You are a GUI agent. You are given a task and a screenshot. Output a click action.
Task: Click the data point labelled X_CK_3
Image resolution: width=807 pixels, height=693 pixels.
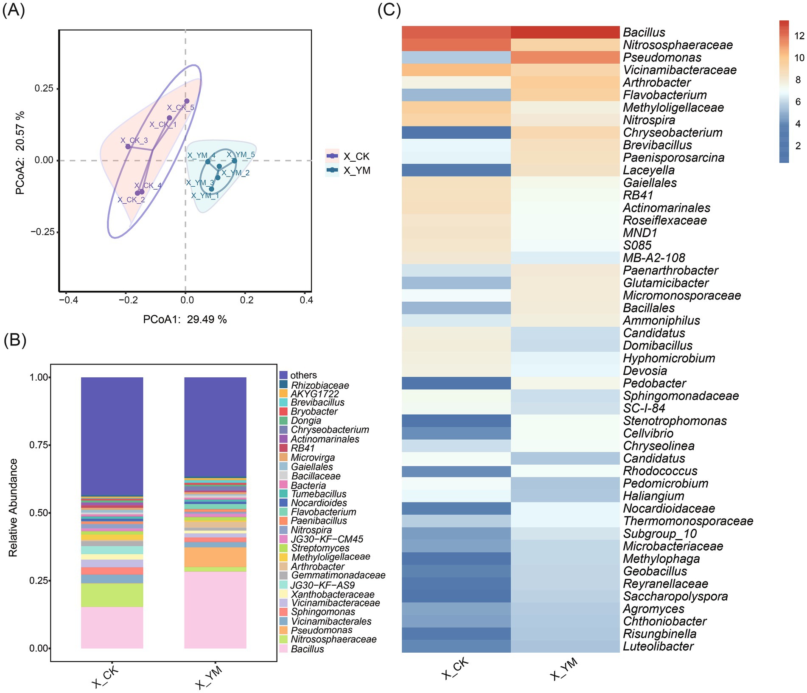pos(128,147)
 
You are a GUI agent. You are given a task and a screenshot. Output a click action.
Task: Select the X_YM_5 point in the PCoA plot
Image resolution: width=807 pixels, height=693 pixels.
pos(234,161)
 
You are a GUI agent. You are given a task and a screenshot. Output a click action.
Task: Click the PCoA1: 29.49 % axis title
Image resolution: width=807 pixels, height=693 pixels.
pos(185,320)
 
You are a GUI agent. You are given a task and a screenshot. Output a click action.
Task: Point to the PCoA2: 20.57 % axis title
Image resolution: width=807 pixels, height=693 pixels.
pos(20,153)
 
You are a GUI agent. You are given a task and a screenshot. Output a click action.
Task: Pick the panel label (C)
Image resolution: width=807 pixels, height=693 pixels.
pos(389,10)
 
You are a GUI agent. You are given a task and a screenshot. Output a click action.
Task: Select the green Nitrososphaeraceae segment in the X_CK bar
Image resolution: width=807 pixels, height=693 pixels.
pos(112,595)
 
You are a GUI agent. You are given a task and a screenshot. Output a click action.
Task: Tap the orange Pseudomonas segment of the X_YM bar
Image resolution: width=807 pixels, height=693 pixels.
pos(215,557)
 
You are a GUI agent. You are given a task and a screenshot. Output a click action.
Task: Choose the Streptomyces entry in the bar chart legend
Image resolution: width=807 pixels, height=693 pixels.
pos(320,548)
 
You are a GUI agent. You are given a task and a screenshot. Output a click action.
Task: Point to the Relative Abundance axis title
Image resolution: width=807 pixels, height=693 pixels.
pos(13,508)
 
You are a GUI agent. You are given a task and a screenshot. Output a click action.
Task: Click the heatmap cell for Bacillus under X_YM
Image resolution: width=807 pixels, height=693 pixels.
pos(565,32)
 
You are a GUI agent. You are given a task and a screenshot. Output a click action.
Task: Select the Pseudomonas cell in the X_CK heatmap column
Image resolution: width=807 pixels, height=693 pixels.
pos(456,57)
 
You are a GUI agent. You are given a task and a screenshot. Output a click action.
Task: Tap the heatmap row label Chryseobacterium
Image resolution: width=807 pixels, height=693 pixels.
pos(672,132)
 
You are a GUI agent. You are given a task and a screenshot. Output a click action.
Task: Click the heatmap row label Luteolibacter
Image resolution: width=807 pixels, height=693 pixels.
pos(658,646)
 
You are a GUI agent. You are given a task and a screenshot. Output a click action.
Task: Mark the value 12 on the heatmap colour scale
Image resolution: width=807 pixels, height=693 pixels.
pos(799,36)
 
